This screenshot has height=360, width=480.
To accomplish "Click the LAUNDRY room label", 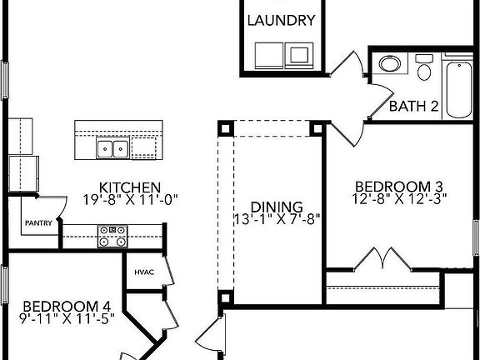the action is (x=281, y=21).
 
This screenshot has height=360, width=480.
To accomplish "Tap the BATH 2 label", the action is (x=414, y=106).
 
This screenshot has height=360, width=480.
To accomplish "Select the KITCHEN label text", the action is (x=130, y=187).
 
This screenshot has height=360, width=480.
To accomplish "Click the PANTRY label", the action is (x=38, y=222).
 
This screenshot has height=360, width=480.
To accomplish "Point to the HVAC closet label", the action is (x=144, y=272).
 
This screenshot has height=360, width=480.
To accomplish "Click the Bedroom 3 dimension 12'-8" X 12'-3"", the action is (x=399, y=199).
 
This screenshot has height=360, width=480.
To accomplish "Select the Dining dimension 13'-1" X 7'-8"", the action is (x=277, y=219).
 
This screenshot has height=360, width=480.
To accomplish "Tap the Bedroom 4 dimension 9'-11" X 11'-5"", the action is (x=67, y=318).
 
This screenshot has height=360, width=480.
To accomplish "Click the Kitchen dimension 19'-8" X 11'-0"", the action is (x=130, y=200).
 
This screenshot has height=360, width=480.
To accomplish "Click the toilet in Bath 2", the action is (x=424, y=67).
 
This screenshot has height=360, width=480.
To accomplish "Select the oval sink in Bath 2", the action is (x=390, y=64).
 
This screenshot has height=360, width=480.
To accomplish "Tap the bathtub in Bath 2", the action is (x=459, y=90).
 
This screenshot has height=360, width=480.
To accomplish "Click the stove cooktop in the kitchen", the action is (x=112, y=237).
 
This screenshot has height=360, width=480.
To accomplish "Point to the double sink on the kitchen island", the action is (x=112, y=148).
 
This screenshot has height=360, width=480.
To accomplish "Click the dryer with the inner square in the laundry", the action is (x=299, y=55).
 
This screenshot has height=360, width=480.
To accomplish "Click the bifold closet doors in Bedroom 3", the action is (x=382, y=258).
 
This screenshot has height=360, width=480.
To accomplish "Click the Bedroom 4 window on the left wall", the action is (x=5, y=285).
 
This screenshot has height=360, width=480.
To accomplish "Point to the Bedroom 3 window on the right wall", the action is (x=477, y=237).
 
